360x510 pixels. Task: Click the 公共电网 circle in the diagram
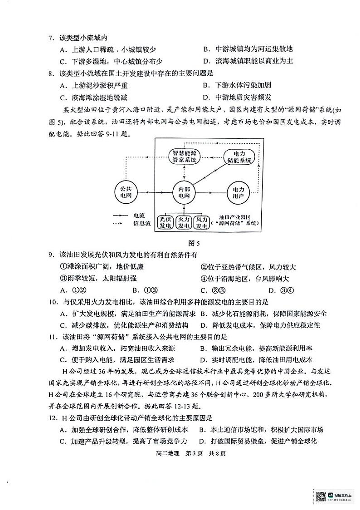(122, 193)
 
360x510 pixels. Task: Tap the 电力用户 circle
(238, 193)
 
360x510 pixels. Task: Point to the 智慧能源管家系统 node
(185, 156)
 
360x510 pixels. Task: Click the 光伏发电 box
(165, 222)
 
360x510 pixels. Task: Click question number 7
(51, 38)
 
